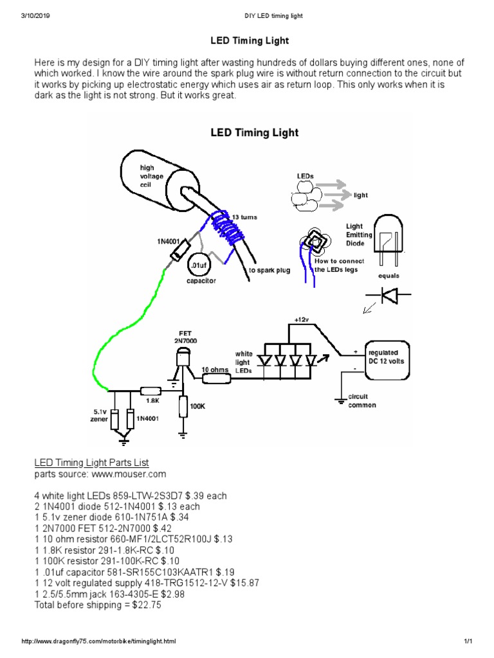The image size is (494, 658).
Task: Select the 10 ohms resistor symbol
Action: [217, 379]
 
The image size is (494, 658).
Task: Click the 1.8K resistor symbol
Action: [151, 390]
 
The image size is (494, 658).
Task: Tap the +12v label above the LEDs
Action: [302, 319]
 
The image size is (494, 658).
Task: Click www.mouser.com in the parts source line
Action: [130, 474]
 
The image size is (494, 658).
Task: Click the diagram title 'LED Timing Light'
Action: [255, 133]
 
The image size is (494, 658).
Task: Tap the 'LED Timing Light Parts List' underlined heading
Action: [91, 463]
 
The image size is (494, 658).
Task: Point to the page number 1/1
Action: [468, 641]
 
